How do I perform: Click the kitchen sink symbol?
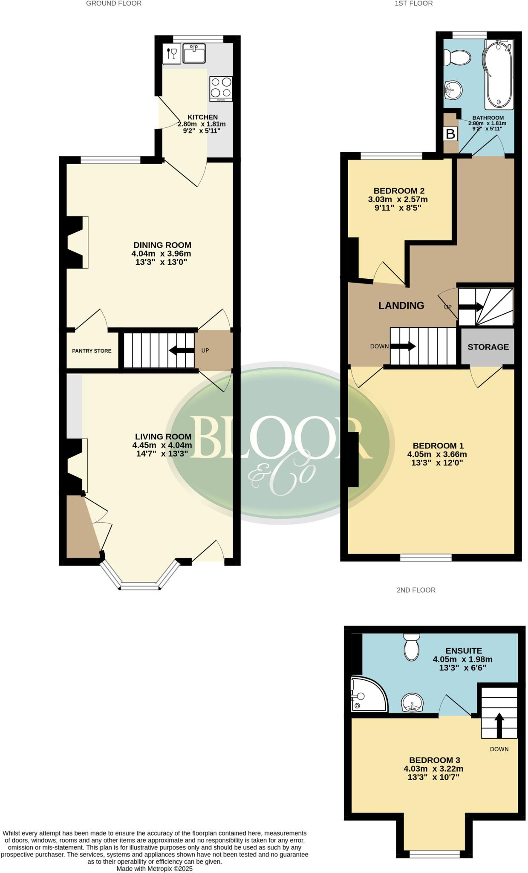tap(194, 53)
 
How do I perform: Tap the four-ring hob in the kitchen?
tap(221, 88)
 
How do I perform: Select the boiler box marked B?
tap(450, 134)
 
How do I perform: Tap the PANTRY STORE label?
tap(92, 351)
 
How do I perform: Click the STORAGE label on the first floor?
tap(488, 347)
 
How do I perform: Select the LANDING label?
tap(401, 305)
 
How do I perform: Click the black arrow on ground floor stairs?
tap(182, 350)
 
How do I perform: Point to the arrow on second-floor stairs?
tap(499, 725)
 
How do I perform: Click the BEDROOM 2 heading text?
tap(398, 191)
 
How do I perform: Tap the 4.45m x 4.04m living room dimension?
tap(162, 445)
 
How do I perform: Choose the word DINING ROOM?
tap(162, 245)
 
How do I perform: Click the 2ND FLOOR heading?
tap(416, 590)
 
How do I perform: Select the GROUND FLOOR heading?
tap(113, 3)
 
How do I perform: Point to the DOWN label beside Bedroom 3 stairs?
tap(499, 749)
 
